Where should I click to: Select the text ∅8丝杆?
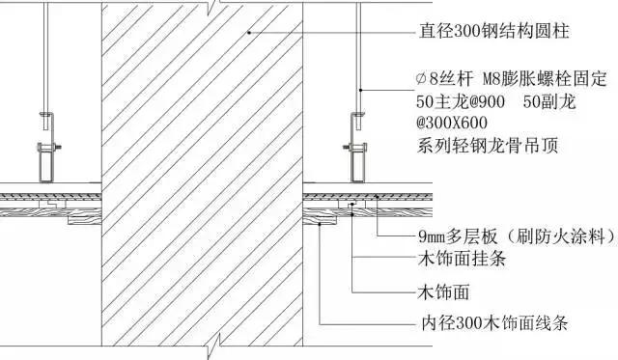pyautogui.click(x=437, y=78)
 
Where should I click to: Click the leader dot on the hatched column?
pyautogui.click(x=248, y=33)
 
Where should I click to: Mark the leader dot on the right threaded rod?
pyautogui.click(x=359, y=90)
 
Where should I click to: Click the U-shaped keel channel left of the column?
pyautogui.click(x=50, y=168)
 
